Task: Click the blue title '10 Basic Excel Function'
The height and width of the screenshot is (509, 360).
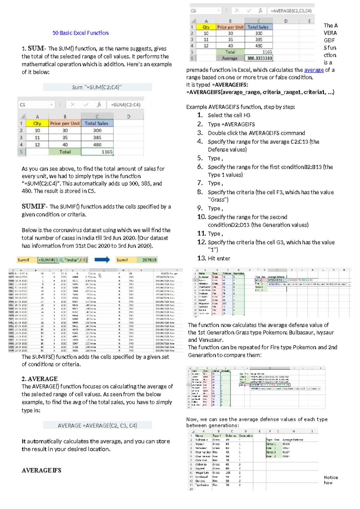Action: click(80, 33)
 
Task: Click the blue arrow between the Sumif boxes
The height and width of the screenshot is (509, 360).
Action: click(102, 260)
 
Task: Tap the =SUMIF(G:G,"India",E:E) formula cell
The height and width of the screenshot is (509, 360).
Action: click(63, 260)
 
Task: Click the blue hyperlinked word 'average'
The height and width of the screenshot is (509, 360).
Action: click(314, 70)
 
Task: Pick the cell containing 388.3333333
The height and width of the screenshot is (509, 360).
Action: click(259, 58)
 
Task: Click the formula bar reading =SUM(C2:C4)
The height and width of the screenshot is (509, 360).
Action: click(125, 105)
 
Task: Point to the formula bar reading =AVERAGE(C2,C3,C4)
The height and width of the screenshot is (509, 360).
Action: click(291, 11)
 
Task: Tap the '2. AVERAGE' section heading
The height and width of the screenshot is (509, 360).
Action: click(40, 379)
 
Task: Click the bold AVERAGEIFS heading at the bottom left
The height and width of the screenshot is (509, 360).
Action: click(41, 470)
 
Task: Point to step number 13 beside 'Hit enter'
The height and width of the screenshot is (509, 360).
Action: click(202, 258)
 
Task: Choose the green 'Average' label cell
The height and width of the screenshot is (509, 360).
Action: click(230, 58)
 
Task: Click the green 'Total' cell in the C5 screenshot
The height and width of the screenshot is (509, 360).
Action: click(65, 152)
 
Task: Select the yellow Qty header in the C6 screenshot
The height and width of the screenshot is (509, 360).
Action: click(206, 27)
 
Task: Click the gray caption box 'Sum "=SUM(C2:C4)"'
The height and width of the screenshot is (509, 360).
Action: click(97, 87)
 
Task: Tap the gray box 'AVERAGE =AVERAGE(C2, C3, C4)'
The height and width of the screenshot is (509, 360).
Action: click(97, 426)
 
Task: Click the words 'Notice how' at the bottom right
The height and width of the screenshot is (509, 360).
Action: click(331, 480)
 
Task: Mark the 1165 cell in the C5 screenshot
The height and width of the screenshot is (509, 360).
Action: click(97, 152)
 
